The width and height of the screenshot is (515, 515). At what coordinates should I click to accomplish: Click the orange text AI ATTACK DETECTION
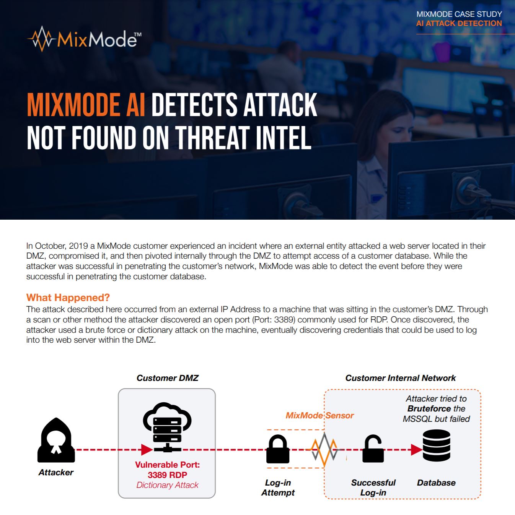pyautogui.click(x=459, y=23)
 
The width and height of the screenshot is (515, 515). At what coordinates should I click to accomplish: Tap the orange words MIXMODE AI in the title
pyautogui.click(x=86, y=105)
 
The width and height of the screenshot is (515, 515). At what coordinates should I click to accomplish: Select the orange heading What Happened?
pyautogui.click(x=68, y=298)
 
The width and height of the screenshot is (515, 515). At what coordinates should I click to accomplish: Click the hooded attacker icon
pyautogui.click(x=56, y=441)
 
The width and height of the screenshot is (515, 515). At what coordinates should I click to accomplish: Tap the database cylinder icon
pyautogui.click(x=437, y=445)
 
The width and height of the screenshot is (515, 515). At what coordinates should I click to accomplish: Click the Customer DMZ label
pyautogui.click(x=167, y=378)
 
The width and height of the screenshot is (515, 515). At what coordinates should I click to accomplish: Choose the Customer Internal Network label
pyautogui.click(x=400, y=378)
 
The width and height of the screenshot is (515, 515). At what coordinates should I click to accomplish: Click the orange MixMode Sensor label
pyautogui.click(x=319, y=415)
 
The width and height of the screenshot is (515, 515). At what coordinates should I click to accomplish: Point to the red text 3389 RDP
pyautogui.click(x=167, y=475)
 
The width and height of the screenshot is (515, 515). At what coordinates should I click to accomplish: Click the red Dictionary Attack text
pyautogui.click(x=167, y=485)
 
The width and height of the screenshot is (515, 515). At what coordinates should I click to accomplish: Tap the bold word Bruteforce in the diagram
pyautogui.click(x=429, y=409)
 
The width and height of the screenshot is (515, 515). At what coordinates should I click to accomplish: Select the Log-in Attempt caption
pyautogui.click(x=278, y=487)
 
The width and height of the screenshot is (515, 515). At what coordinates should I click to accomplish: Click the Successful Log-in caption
pyautogui.click(x=373, y=487)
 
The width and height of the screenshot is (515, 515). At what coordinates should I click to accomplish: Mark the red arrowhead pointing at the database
pyautogui.click(x=416, y=450)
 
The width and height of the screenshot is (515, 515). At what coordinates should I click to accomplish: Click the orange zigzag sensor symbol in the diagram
pyautogui.click(x=324, y=449)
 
